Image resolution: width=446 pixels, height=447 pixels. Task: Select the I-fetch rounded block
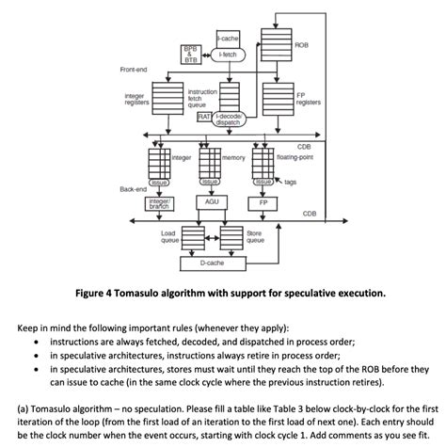point(228,56)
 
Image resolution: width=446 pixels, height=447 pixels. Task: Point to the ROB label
point(300,45)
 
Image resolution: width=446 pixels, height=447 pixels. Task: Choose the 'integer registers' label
point(135,99)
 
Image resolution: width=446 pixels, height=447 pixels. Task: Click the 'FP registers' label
point(307,99)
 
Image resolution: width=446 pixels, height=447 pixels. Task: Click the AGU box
point(212,201)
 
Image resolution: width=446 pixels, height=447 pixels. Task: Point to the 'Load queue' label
point(169,235)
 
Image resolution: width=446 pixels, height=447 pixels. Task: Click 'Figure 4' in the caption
point(132,293)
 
